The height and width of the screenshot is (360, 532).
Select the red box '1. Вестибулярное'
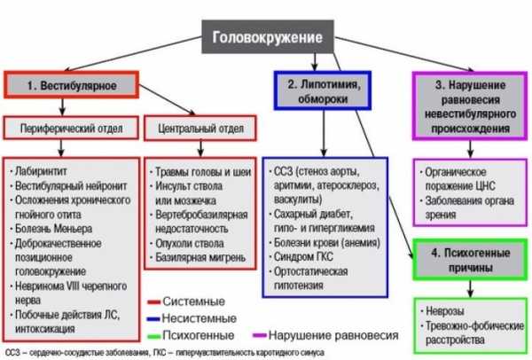(x=72, y=87)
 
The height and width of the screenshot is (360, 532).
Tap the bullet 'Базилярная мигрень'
(x=199, y=256)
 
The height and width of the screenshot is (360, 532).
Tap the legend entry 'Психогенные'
(x=198, y=335)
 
